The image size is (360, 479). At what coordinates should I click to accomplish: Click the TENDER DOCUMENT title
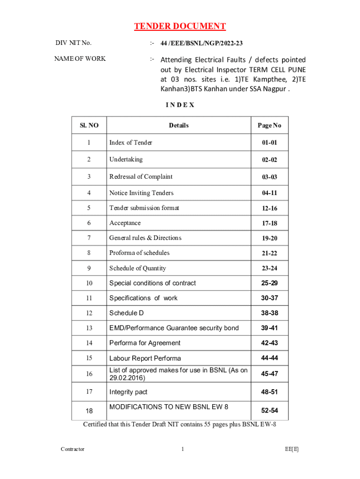click(x=180, y=26)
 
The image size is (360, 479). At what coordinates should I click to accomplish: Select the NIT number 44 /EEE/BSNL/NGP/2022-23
click(x=202, y=44)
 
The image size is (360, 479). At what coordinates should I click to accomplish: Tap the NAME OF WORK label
click(x=80, y=58)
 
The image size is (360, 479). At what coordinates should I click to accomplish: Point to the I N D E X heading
click(x=180, y=105)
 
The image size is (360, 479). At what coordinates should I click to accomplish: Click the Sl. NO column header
click(x=89, y=125)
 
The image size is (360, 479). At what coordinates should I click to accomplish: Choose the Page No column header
click(x=269, y=125)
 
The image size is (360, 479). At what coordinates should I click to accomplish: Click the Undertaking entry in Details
click(x=126, y=160)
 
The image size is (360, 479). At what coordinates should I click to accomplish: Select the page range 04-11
click(x=269, y=193)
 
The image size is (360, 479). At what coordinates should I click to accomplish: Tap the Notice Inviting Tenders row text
click(x=141, y=193)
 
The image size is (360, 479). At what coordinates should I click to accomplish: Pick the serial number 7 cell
click(x=89, y=238)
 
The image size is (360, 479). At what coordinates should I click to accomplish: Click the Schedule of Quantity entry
click(x=137, y=268)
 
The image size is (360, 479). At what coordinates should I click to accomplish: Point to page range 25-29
click(x=269, y=283)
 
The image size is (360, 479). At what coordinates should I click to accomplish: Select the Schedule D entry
click(x=126, y=313)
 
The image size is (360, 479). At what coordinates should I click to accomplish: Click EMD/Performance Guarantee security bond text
click(x=174, y=328)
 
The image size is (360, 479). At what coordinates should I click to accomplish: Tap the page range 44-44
click(x=269, y=358)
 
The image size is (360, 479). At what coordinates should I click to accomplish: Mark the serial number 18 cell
click(x=89, y=411)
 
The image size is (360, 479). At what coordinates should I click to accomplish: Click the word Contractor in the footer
click(x=72, y=449)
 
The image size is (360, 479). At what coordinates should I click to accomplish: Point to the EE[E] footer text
click(x=292, y=449)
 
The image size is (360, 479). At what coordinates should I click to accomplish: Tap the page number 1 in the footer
click(x=182, y=449)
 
